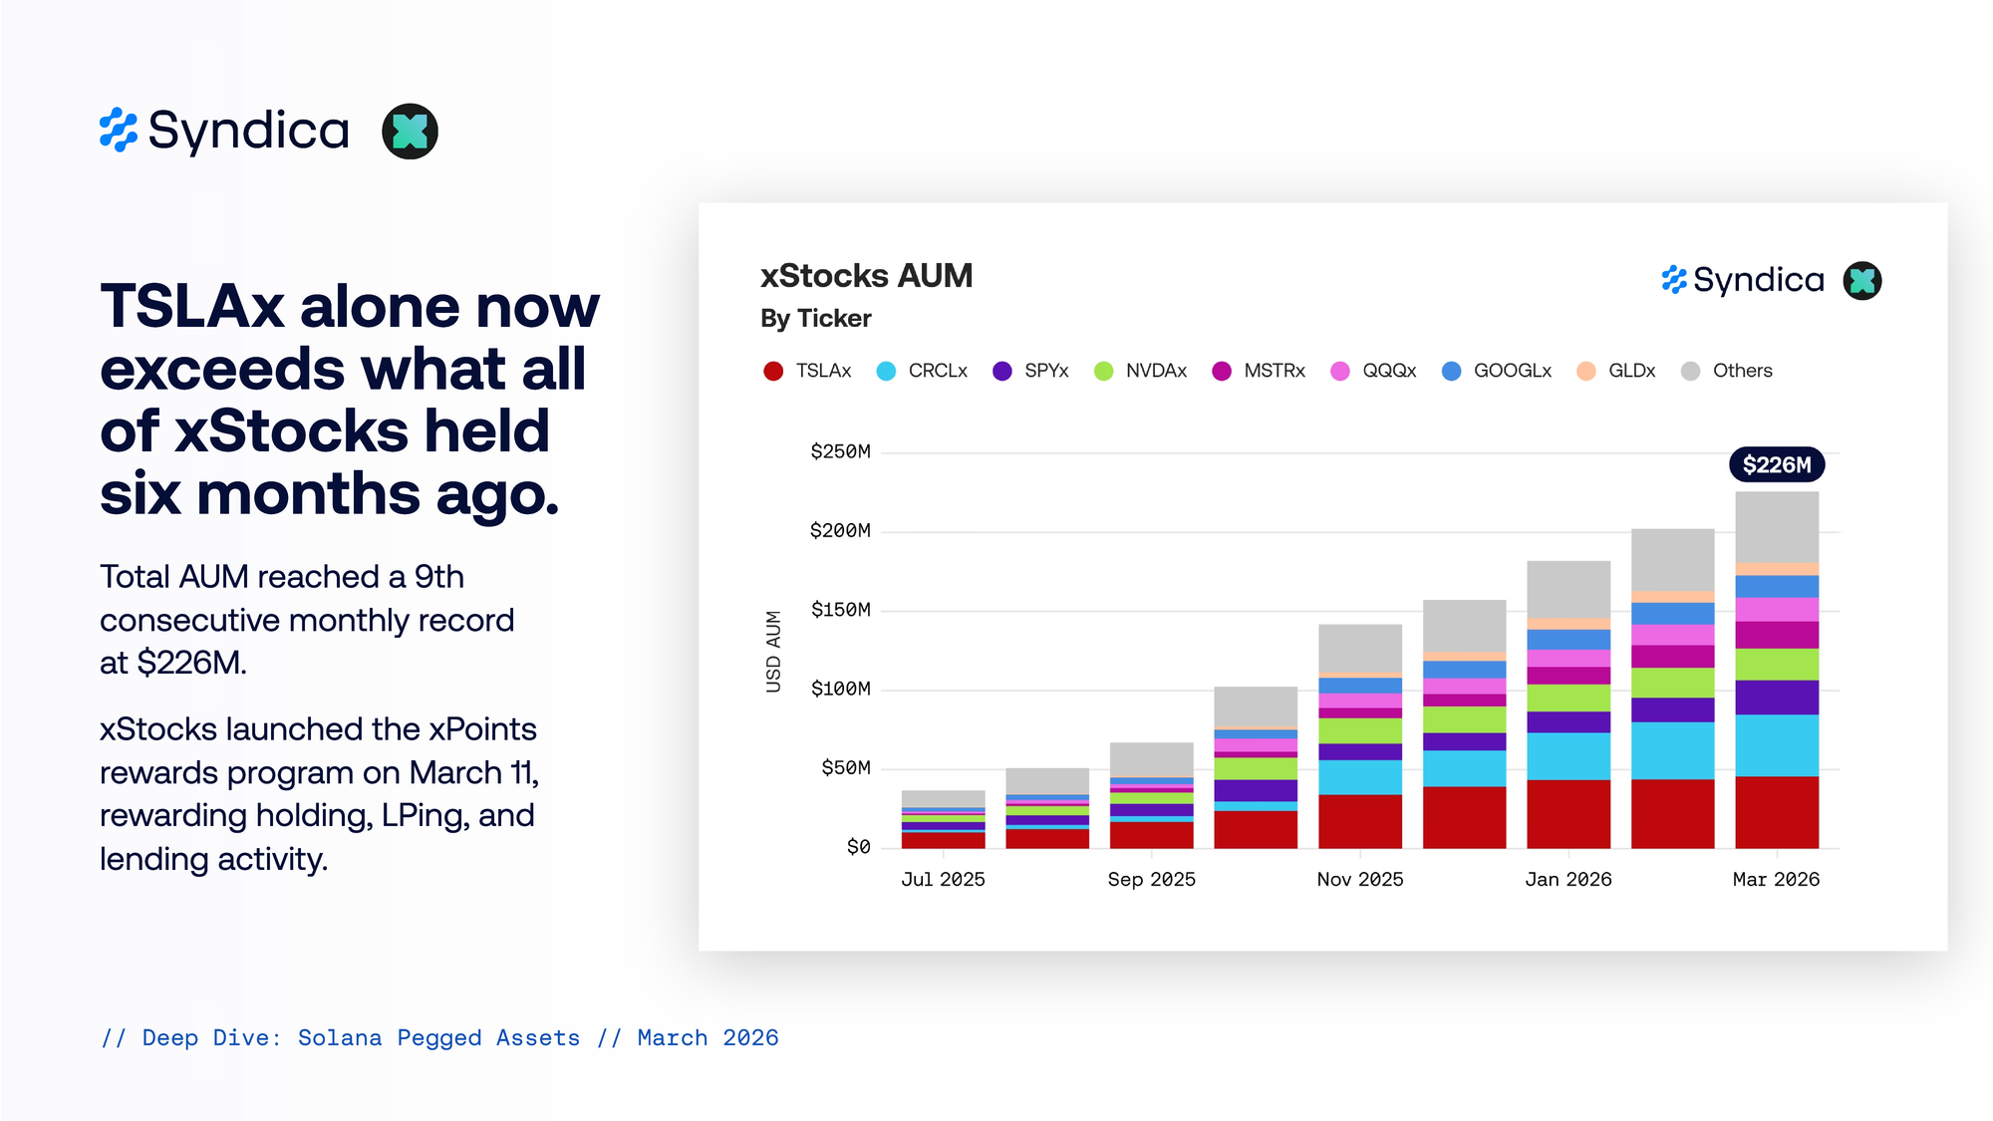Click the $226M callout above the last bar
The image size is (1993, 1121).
(x=1776, y=464)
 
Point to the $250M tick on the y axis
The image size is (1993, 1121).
(x=840, y=451)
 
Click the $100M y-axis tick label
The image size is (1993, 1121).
(x=840, y=689)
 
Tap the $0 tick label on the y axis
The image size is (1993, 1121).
(x=858, y=847)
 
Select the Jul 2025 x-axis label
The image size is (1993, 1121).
(x=943, y=879)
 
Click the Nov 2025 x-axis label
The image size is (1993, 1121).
(x=1359, y=879)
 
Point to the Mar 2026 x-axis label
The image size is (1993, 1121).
(x=1776, y=879)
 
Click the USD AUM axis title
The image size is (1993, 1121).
(x=773, y=651)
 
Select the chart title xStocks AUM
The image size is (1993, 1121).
(x=866, y=276)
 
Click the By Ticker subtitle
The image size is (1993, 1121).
(x=815, y=319)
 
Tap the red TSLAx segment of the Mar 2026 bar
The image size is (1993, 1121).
(x=1776, y=812)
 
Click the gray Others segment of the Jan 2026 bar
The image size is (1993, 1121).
(x=1567, y=589)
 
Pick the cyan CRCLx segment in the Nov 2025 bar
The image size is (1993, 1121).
(x=1359, y=777)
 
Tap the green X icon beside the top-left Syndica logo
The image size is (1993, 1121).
(x=410, y=132)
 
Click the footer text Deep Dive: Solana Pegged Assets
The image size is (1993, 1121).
(x=361, y=1038)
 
